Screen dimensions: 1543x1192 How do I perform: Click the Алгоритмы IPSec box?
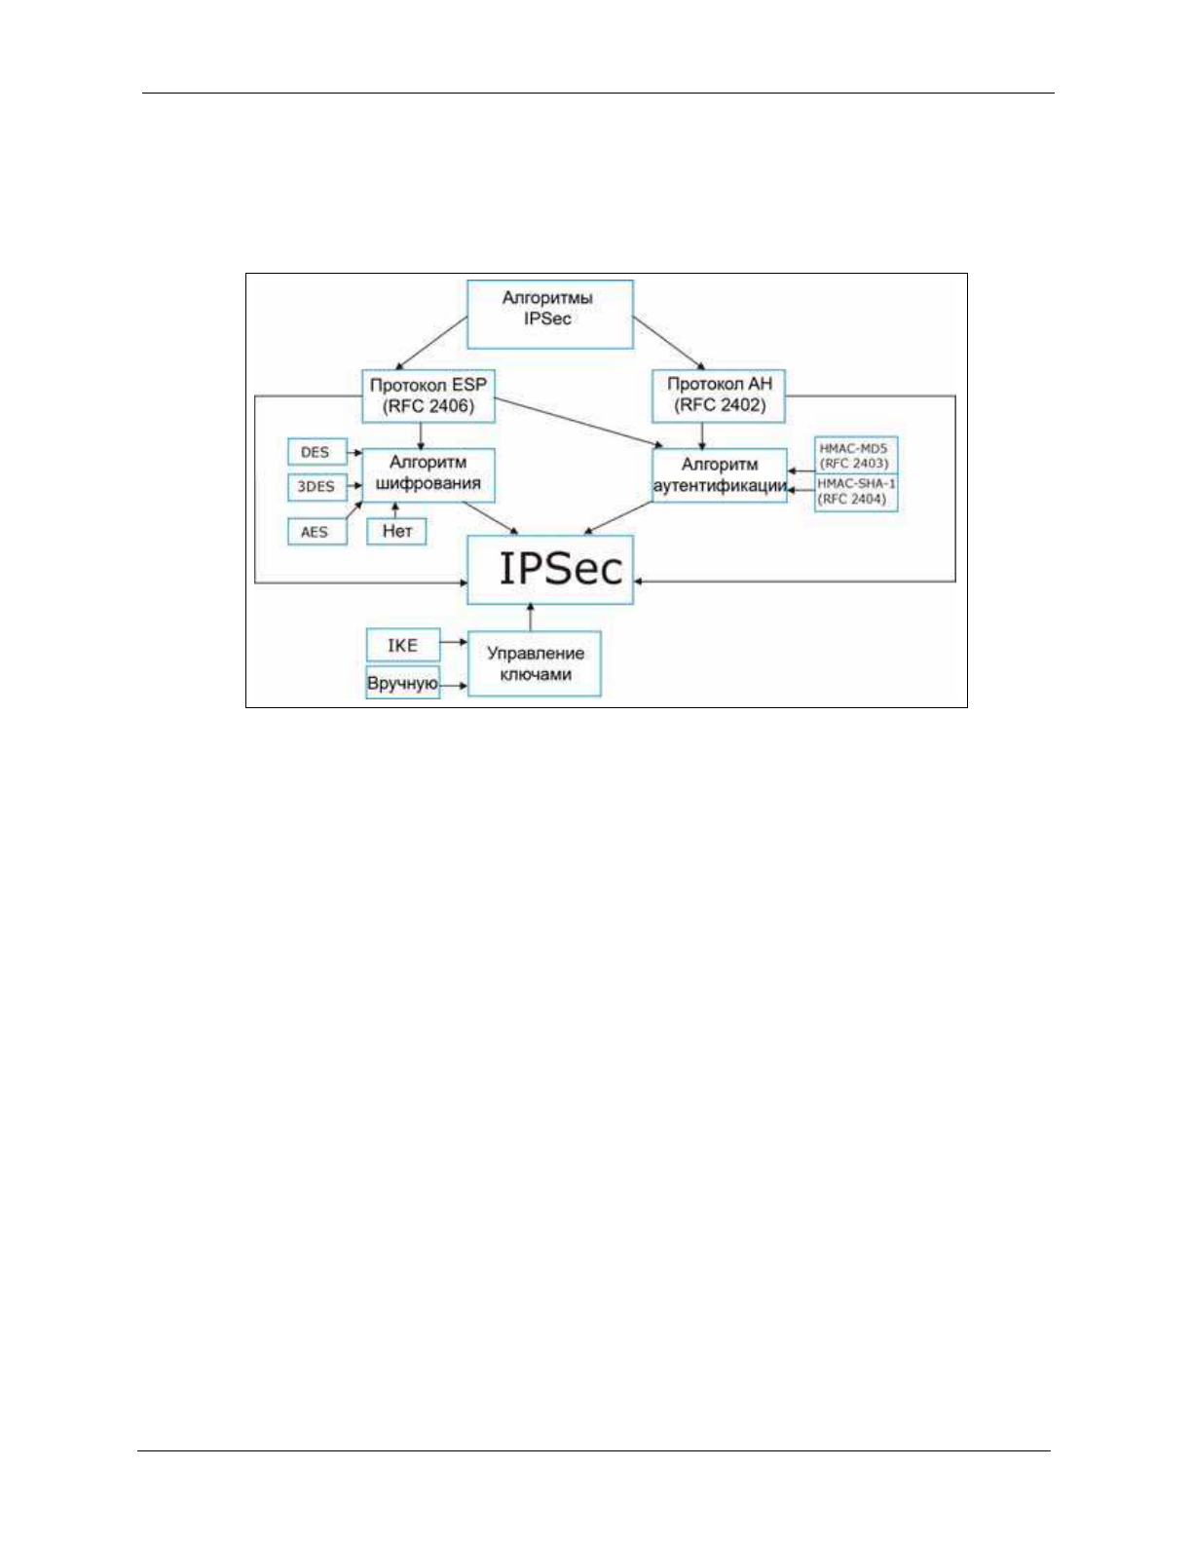point(549,314)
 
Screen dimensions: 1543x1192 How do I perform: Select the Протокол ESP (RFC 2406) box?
point(428,395)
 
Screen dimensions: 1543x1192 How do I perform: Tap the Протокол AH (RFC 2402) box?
point(719,395)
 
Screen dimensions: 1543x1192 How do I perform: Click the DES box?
point(316,452)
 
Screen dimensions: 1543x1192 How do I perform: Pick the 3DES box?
point(316,486)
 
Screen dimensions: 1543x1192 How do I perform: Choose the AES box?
point(316,532)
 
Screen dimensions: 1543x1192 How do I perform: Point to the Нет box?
point(397,531)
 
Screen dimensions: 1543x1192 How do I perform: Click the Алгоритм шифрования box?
point(428,474)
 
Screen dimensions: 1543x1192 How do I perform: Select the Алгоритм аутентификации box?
point(719,475)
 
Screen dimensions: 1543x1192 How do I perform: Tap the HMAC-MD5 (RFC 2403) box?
point(855,456)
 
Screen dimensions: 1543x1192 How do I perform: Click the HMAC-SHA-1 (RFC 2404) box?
point(856,492)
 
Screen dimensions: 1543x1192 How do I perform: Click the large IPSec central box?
point(550,570)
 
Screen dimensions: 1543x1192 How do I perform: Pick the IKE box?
point(402,645)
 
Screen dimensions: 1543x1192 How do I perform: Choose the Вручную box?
point(402,683)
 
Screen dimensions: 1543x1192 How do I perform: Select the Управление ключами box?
point(534,664)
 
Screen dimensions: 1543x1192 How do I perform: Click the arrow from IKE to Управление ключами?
point(453,643)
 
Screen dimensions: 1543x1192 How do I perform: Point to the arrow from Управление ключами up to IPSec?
point(531,618)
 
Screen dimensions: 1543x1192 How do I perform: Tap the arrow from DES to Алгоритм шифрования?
point(354,453)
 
